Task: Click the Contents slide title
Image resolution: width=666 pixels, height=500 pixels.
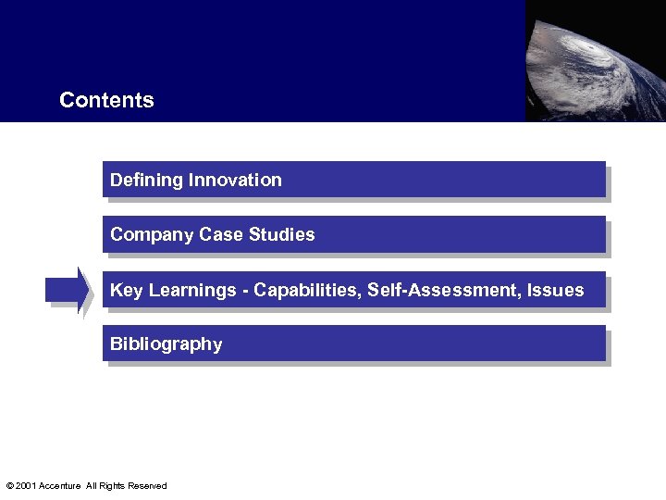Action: (x=106, y=100)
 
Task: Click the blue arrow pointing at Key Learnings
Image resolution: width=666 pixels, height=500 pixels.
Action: (x=68, y=290)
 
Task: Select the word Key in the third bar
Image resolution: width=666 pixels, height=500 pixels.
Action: (x=127, y=291)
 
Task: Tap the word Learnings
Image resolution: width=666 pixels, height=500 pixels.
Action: (x=192, y=291)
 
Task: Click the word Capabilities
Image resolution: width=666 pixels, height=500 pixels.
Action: (x=306, y=290)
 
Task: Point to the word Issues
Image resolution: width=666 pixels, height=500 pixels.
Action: (x=556, y=290)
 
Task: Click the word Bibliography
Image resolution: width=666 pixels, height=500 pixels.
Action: (x=166, y=344)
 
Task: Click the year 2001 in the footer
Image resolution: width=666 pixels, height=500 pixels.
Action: (x=26, y=486)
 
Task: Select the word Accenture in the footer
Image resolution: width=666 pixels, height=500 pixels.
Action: (x=59, y=486)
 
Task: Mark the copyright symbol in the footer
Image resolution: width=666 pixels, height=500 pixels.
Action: (x=9, y=486)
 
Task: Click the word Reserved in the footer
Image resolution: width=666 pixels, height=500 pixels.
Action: (x=147, y=486)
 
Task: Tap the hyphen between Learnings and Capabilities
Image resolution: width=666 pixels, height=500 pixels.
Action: (x=245, y=291)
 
